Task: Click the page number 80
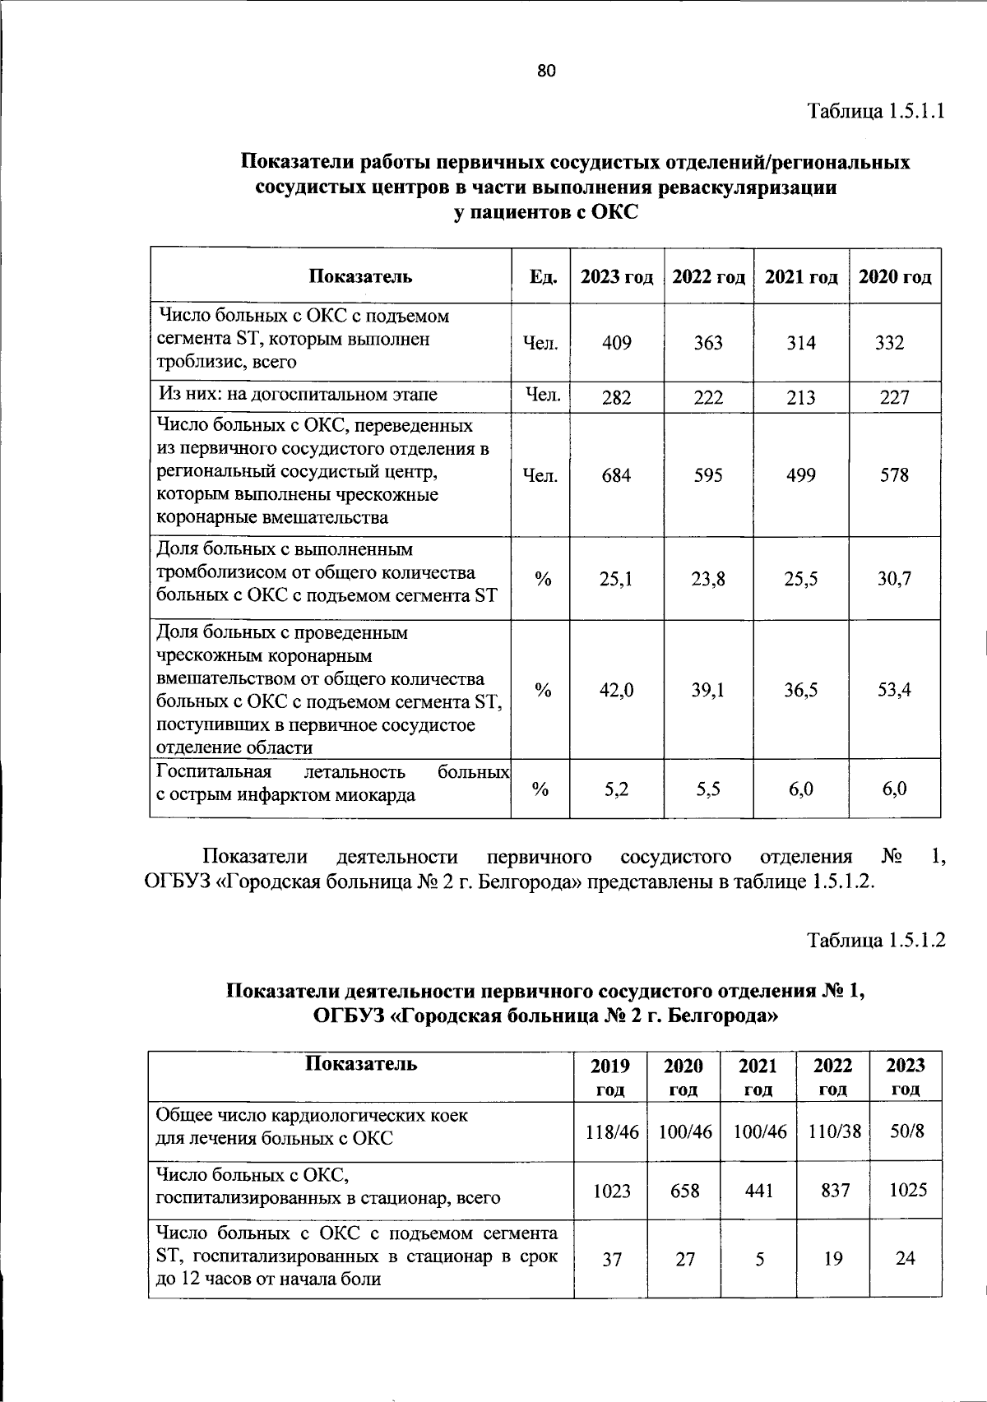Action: click(547, 72)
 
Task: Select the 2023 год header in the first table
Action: click(617, 277)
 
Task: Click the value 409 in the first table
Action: click(617, 343)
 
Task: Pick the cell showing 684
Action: click(617, 475)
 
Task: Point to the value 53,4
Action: click(895, 690)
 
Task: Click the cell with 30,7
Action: click(895, 579)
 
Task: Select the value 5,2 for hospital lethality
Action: click(617, 789)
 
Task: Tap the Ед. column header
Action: click(540, 277)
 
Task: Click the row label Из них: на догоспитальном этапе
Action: click(298, 395)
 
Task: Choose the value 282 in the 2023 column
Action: click(617, 398)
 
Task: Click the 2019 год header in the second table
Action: click(610, 1076)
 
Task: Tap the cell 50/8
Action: click(906, 1131)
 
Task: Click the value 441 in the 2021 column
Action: click(758, 1190)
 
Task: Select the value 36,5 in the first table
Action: click(801, 690)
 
